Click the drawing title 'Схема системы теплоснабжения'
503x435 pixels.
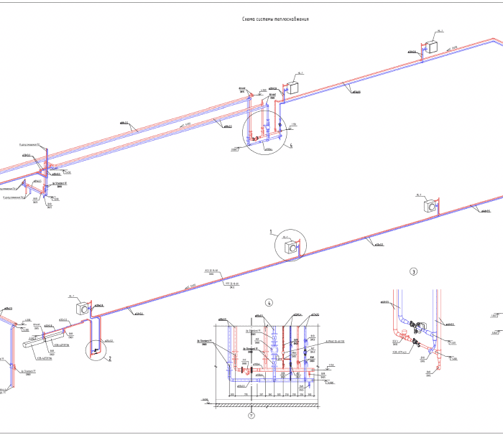tap(276, 19)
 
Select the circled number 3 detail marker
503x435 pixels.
tap(413, 272)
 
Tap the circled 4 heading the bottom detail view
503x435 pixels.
tap(269, 301)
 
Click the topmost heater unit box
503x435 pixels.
tap(433, 47)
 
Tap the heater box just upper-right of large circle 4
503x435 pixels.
tap(295, 87)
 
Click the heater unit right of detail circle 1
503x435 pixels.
tap(431, 206)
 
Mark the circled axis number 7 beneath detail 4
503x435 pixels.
tap(251, 415)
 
